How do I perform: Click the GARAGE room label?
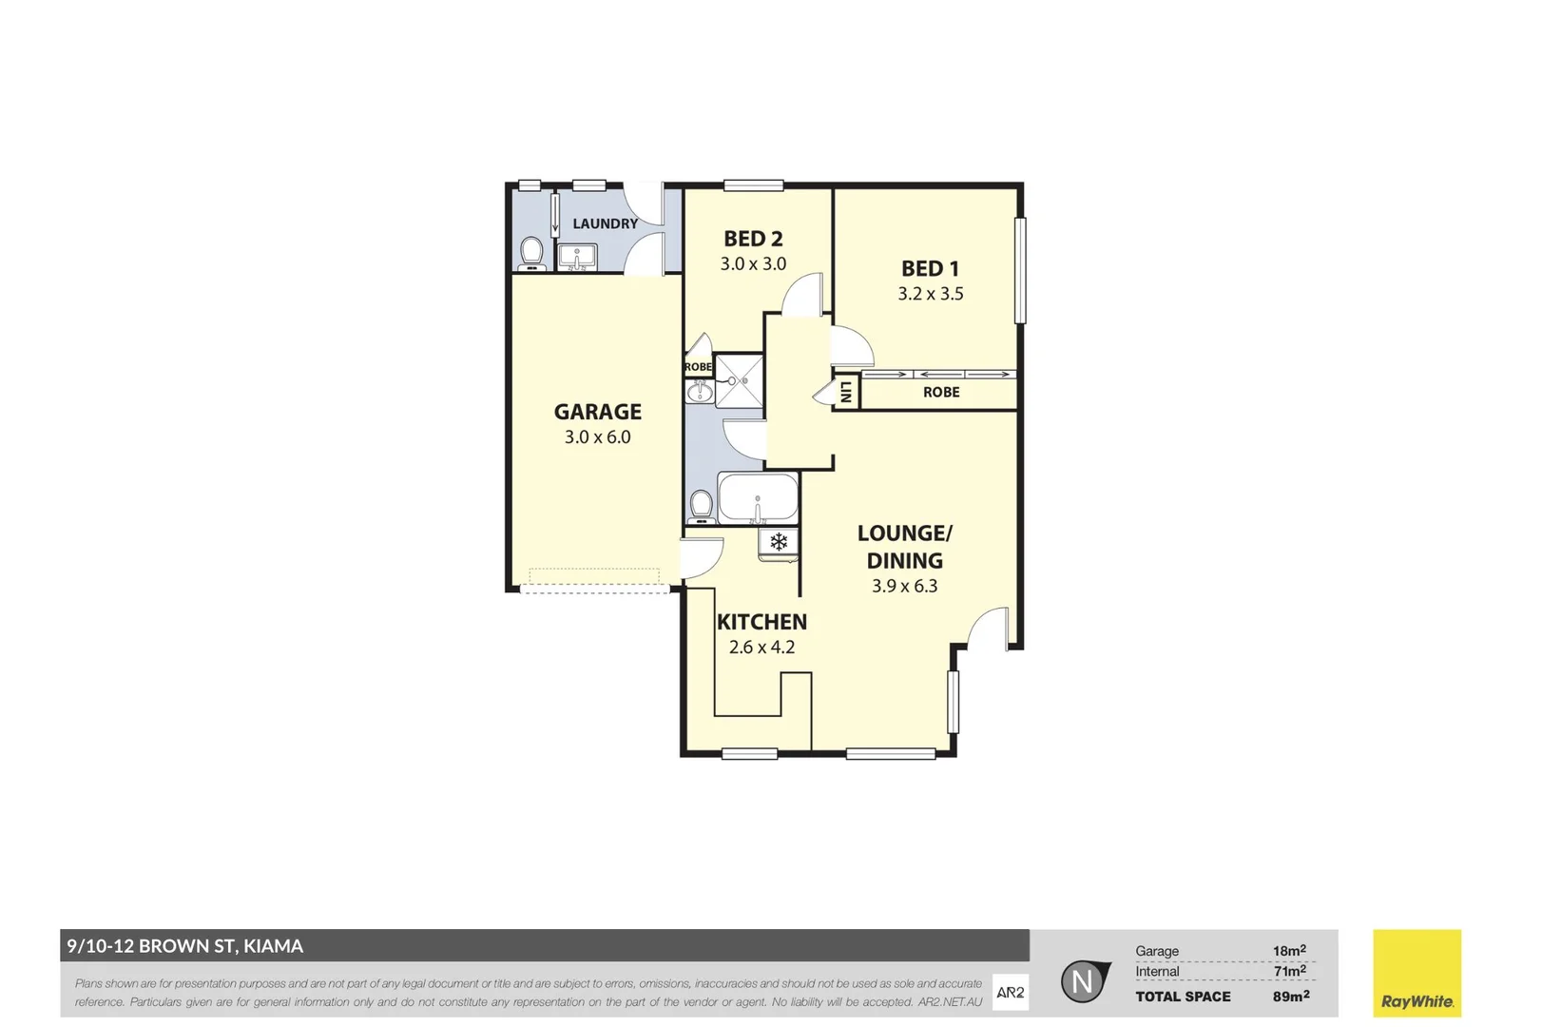597,412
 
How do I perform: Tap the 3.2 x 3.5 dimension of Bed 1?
930,294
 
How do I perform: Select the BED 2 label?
753,239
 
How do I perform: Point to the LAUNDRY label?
605,223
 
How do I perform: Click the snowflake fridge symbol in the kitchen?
779,542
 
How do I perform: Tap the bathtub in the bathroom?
758,496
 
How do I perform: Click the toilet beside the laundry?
531,253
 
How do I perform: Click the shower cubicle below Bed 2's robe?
739,380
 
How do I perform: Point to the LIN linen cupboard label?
845,392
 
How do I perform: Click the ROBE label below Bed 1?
941,392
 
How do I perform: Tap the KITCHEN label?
761,622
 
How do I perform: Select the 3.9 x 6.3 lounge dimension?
904,587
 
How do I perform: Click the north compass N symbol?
1083,981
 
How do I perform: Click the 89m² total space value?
1291,996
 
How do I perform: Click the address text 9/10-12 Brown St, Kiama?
185,945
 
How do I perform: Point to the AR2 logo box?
1010,992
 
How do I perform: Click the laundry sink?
576,257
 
